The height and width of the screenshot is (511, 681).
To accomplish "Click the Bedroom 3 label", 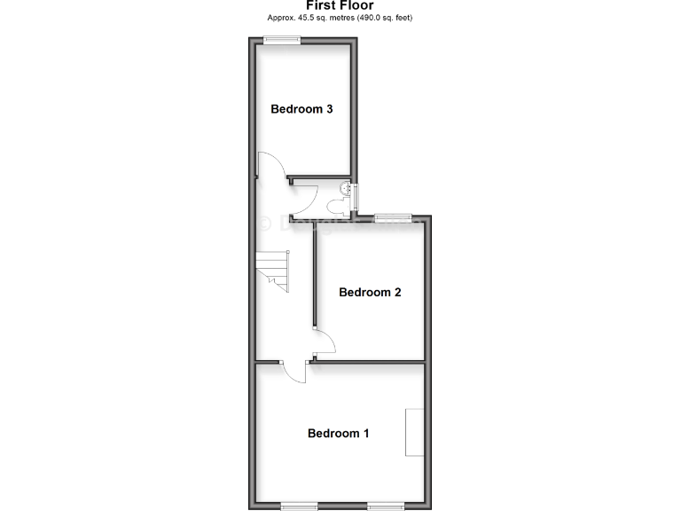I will pos(301,110).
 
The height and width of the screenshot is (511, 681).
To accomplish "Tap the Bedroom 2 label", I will pos(370,293).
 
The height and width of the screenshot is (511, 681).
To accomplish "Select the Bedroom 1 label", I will pos(338,434).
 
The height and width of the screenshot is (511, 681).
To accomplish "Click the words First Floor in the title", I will pos(340,5).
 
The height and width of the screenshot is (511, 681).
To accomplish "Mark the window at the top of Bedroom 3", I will pos(282,38).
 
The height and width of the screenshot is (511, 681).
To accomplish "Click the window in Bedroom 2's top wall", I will pos(393,216).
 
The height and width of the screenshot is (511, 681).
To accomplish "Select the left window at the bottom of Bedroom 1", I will pos(299,505).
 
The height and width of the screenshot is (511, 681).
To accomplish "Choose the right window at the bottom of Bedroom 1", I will pos(386,505).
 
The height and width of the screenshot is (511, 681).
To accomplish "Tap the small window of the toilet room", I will pos(356,196).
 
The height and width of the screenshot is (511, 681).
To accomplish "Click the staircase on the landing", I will pos(274,270).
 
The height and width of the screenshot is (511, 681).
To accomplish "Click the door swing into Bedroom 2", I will pos(325,342).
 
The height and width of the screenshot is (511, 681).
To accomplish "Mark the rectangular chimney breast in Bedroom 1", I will pos(414,432).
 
